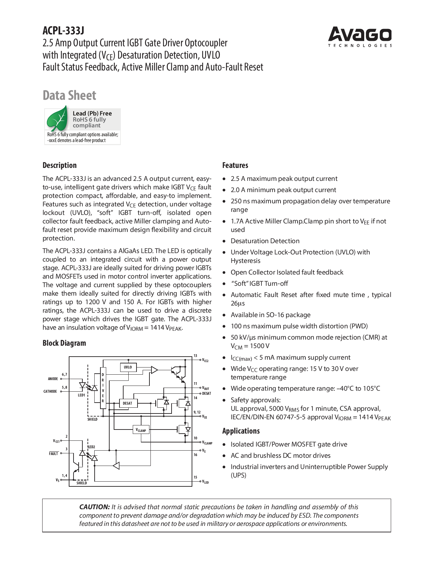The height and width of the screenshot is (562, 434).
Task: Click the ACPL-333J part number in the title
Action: click(63, 31)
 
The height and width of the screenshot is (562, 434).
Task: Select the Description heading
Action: click(60, 166)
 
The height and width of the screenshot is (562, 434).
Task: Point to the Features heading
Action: click(235, 166)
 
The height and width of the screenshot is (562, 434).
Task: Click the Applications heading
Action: click(241, 431)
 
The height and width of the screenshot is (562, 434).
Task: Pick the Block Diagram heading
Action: click(64, 343)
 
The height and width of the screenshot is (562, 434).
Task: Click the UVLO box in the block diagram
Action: click(128, 368)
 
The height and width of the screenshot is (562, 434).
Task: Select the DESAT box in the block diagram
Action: click(128, 403)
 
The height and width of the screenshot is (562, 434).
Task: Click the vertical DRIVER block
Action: click(103, 388)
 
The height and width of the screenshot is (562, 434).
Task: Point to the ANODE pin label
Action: click(53, 379)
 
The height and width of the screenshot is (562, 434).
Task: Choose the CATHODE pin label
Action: click(50, 392)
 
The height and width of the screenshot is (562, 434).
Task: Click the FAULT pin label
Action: click(54, 454)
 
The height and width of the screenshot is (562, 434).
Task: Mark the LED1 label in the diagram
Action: click(82, 395)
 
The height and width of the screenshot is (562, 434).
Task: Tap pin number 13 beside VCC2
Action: click(195, 356)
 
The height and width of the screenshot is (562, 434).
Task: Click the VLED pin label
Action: click(206, 482)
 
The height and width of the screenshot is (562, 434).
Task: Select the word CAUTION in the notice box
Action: click(94, 507)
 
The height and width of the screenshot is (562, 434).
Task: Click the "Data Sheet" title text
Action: click(69, 95)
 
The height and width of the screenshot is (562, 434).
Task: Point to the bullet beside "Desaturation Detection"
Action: click(224, 241)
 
